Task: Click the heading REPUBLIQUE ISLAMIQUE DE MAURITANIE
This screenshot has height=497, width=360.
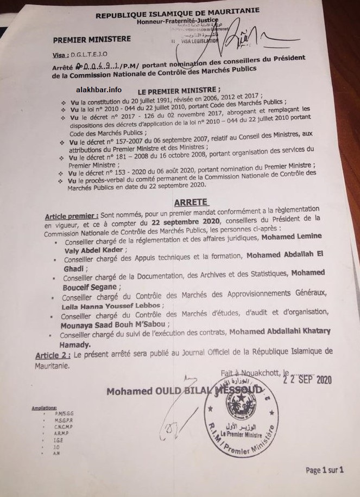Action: click(177, 12)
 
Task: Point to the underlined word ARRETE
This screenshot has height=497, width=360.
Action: click(191, 202)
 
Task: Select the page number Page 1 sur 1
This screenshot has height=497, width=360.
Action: click(325, 470)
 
